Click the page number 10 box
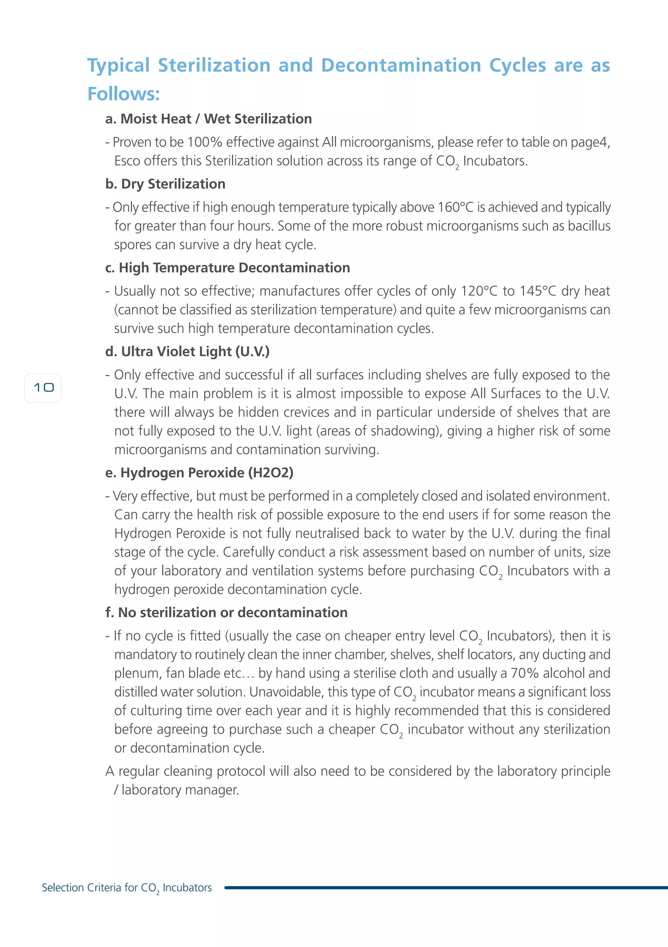pyautogui.click(x=43, y=388)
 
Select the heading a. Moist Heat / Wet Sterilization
pyautogui.click(x=208, y=119)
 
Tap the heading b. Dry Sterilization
pyautogui.click(x=165, y=184)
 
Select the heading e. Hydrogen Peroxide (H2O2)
pyautogui.click(x=199, y=473)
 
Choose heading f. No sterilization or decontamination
pyautogui.click(x=226, y=613)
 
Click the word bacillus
pyautogui.click(x=589, y=226)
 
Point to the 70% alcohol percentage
pyautogui.click(x=524, y=673)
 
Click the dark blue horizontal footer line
pyautogui.click(x=446, y=888)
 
